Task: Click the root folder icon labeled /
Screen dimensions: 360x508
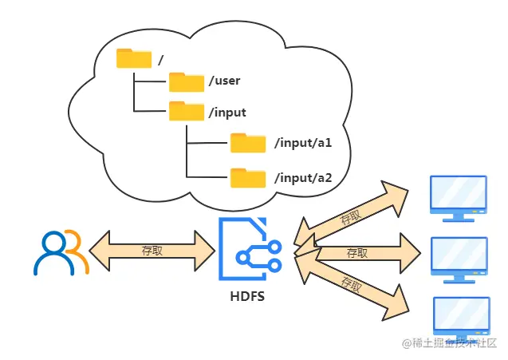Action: pos(133,58)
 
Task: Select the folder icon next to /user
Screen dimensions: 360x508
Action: pos(187,81)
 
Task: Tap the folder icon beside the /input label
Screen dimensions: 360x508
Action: pos(187,111)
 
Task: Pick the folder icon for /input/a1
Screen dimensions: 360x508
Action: pos(248,143)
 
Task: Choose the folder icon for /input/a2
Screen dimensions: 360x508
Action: pos(248,176)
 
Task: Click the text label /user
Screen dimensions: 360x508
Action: pos(224,81)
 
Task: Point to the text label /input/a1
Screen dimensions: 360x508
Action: pos(302,144)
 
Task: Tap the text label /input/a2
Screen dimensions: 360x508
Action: pos(302,177)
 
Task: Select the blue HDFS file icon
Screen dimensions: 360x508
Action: pos(249,251)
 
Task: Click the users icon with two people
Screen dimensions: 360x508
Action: pos(60,252)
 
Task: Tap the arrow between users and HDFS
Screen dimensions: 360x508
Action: pos(152,251)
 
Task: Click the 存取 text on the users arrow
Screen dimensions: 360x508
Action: pos(152,250)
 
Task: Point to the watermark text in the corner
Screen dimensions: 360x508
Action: pos(450,344)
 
